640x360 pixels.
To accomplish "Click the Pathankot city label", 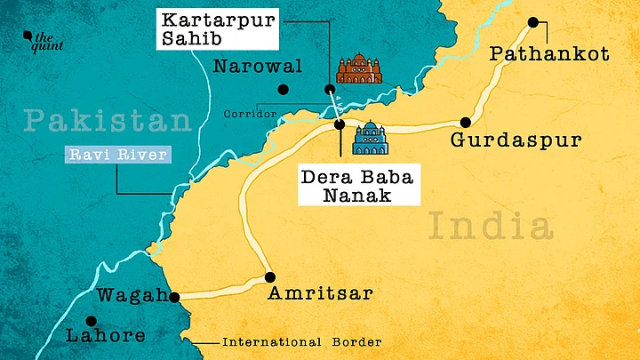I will point(550,55).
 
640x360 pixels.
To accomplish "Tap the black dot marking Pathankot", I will point(533,24).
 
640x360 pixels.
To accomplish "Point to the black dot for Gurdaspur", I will point(464,122).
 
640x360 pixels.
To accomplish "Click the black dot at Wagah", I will point(174,299).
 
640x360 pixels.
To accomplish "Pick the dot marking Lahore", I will point(90,322).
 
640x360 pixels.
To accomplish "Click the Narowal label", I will point(258,66).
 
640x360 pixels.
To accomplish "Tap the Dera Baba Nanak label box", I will point(345,186).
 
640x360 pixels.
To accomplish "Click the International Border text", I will point(301,342).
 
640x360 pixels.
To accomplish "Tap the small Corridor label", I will point(244,114).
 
